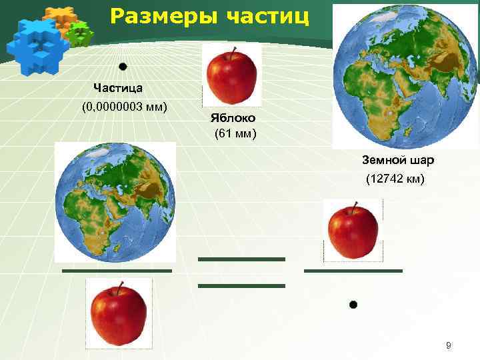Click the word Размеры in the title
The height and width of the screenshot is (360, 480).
tap(151, 15)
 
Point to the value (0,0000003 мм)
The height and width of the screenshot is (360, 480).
tap(124, 107)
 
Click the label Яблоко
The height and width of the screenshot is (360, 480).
tap(233, 117)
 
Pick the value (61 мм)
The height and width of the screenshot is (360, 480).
tap(235, 134)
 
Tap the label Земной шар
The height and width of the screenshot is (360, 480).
tap(398, 161)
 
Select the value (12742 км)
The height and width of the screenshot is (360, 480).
tap(395, 180)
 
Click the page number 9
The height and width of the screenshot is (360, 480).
tap(449, 345)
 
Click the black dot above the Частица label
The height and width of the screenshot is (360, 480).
tap(123, 67)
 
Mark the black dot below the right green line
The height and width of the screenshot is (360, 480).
tap(353, 305)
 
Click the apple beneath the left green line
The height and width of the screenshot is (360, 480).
tap(119, 313)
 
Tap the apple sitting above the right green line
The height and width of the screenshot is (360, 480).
tap(353, 231)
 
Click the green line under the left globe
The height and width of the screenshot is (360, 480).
tap(117, 271)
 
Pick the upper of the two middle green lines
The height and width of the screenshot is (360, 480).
tap(241, 259)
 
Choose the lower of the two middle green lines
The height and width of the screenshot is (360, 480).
tap(241, 285)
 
